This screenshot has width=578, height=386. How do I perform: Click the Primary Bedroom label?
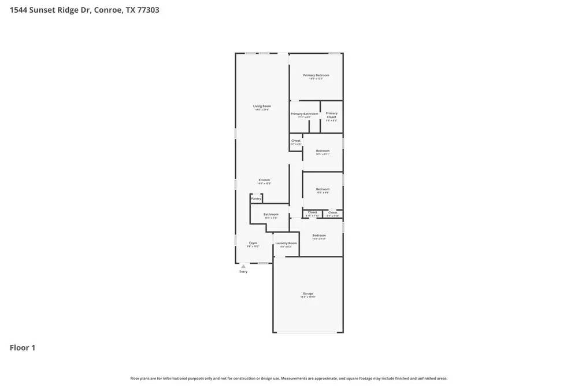click(316, 75)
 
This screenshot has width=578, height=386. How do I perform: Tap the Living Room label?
click(262, 106)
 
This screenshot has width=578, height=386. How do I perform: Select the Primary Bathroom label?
click(304, 114)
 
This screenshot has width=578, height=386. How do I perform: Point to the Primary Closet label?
click(331, 115)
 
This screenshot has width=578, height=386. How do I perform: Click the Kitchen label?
click(264, 180)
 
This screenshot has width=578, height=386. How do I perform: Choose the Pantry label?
click(256, 198)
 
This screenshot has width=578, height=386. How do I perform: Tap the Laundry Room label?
click(286, 243)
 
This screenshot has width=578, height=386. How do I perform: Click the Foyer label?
click(253, 243)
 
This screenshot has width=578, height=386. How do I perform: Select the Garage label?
click(307, 293)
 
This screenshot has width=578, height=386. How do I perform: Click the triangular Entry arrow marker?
click(243, 266)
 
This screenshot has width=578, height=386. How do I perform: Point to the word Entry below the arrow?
click(243, 271)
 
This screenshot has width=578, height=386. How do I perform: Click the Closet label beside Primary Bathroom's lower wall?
click(295, 141)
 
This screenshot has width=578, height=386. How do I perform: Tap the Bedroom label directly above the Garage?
click(319, 236)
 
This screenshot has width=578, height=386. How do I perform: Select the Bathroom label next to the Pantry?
click(271, 215)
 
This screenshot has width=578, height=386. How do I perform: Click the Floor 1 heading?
click(23, 348)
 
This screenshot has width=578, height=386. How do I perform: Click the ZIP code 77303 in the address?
click(147, 10)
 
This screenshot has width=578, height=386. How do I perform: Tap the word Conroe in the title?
click(108, 10)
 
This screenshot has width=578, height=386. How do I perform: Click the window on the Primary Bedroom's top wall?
click(334, 53)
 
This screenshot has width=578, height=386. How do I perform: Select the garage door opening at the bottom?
click(307, 332)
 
